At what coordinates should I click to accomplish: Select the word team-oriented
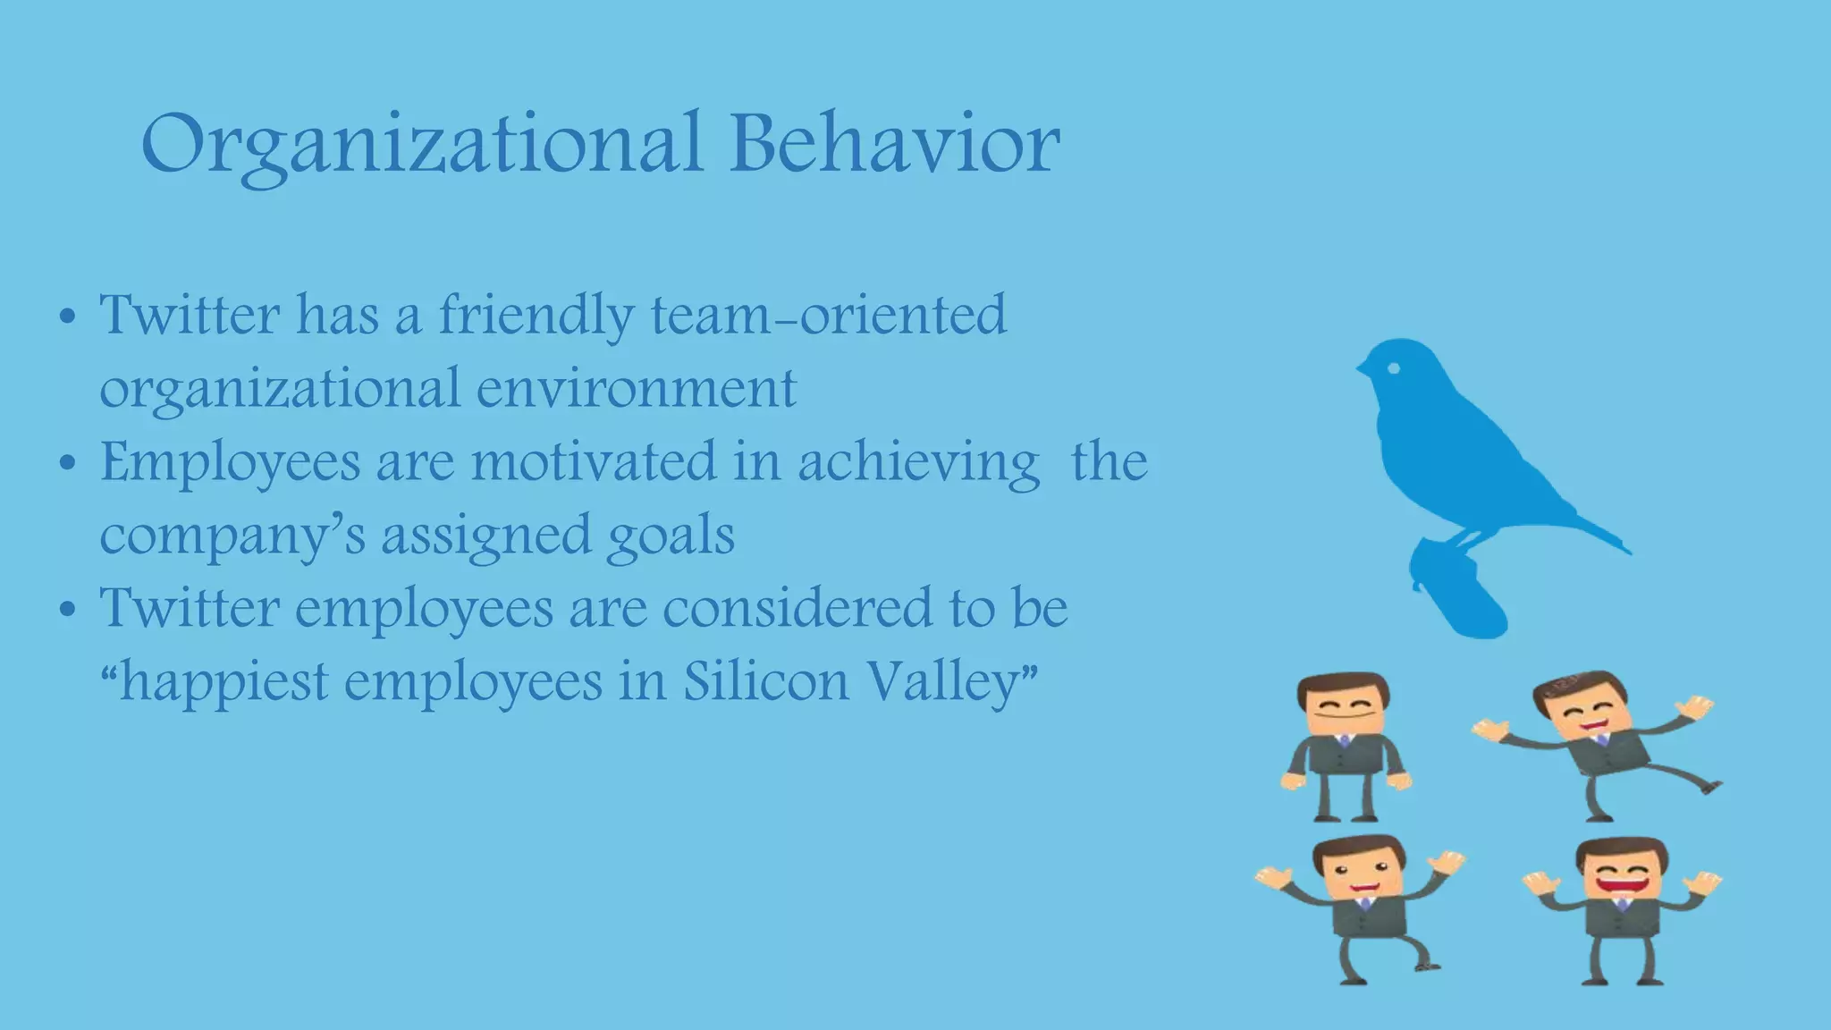pos(828,315)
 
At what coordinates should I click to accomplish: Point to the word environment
pos(636,390)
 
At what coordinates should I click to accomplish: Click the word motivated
pos(594,462)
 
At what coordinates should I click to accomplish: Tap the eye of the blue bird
pos(1392,367)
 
